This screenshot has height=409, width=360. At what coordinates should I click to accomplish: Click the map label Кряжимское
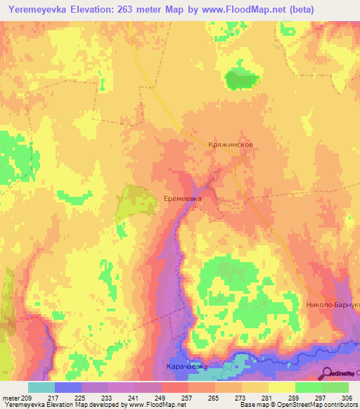click(231, 144)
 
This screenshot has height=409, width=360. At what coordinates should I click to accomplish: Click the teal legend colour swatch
click(41, 387)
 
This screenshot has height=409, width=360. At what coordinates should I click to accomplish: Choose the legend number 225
click(82, 398)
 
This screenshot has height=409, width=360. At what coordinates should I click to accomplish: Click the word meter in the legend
click(10, 398)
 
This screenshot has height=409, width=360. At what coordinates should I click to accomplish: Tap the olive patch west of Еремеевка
click(129, 202)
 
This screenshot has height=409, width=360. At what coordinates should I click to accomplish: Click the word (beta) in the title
click(297, 9)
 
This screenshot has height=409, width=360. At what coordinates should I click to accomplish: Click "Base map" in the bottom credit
click(254, 405)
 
